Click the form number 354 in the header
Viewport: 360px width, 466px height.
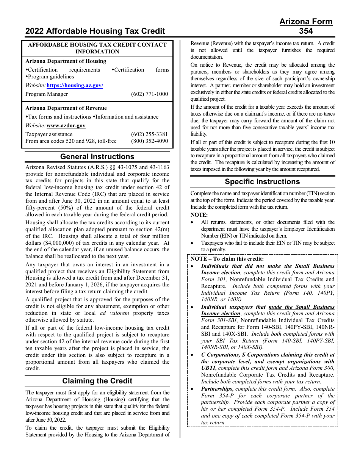(x=306, y=31)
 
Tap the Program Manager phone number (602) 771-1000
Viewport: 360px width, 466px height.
(x=149, y=94)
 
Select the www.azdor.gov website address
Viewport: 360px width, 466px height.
(x=66, y=125)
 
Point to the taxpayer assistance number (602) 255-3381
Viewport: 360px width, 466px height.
(x=149, y=134)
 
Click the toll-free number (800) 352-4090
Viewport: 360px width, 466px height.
(x=149, y=141)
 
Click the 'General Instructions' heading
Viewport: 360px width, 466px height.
(x=97, y=156)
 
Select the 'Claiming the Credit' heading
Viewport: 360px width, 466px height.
(x=97, y=381)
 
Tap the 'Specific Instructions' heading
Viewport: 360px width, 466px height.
(x=262, y=181)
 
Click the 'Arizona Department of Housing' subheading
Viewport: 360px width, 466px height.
(x=66, y=61)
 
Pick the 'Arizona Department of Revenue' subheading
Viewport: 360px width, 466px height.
(x=66, y=108)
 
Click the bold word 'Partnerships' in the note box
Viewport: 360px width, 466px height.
(x=216, y=389)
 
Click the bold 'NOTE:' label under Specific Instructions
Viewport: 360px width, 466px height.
(x=199, y=215)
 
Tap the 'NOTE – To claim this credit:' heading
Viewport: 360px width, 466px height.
(x=227, y=259)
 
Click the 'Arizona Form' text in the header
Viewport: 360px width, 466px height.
(x=306, y=22)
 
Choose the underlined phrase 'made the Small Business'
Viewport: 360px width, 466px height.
(x=301, y=307)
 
